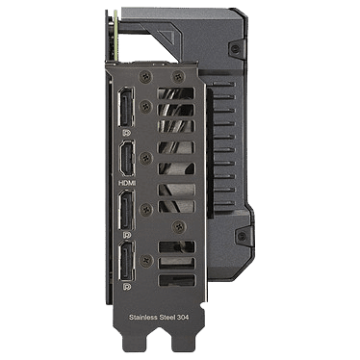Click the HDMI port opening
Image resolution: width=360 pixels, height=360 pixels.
point(127,159)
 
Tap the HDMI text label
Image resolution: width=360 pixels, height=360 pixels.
point(127,183)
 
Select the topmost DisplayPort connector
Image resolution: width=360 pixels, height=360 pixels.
point(126,107)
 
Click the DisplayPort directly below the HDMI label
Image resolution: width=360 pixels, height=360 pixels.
point(127,210)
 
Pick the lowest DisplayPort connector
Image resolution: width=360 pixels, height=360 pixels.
point(127,261)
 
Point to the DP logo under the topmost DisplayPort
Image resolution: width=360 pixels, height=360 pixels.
point(127,132)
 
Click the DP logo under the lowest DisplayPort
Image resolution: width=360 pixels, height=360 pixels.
point(127,286)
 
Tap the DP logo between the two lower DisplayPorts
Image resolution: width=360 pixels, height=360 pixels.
point(127,235)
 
